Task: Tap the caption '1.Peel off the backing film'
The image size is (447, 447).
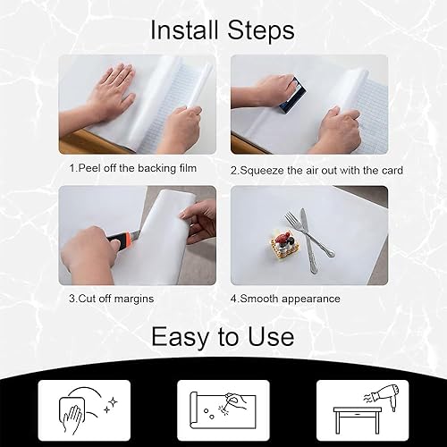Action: (133, 168)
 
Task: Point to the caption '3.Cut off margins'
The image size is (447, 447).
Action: (114, 298)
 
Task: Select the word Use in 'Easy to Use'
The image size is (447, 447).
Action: (268, 337)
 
